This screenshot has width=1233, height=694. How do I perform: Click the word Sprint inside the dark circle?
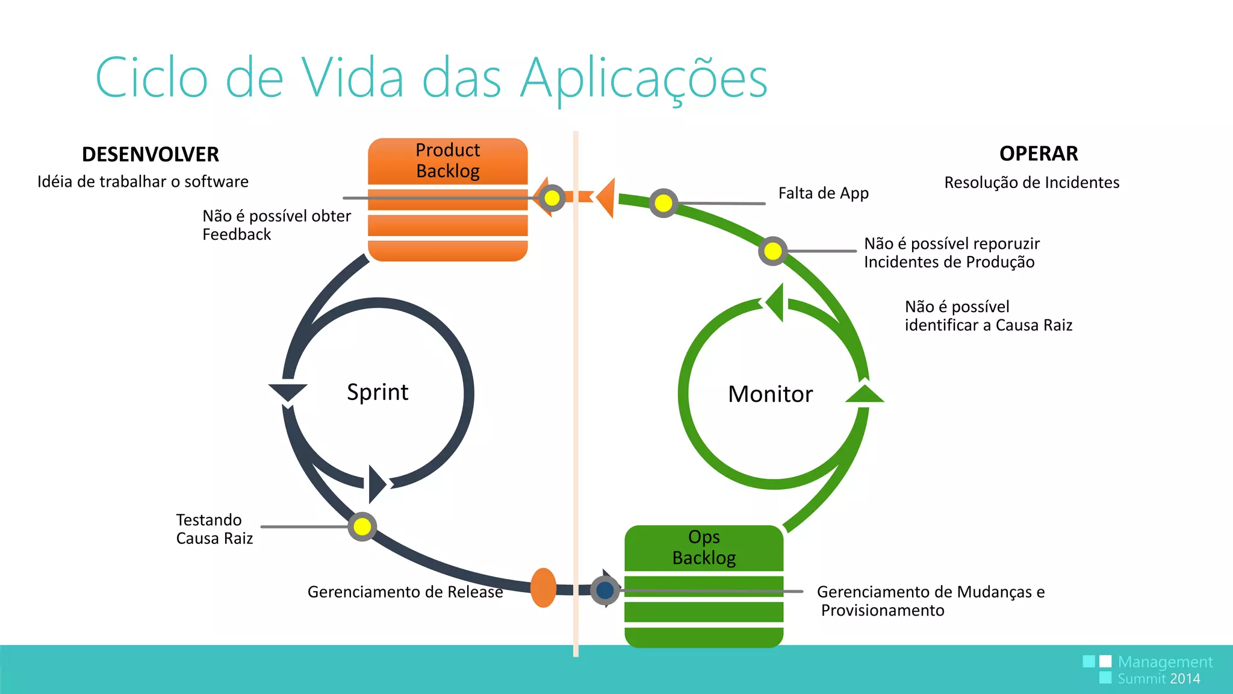point(377,392)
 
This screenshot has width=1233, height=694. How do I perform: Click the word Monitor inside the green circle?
point(770,394)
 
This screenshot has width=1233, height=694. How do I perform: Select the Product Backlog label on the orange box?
point(448,160)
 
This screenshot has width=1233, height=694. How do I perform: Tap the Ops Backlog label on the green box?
point(704,547)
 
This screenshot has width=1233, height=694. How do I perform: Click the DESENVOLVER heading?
point(150,154)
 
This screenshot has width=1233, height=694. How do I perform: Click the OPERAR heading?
point(1039,154)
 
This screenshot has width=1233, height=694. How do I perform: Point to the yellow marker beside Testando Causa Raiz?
point(362,527)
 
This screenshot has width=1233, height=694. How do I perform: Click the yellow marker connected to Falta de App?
point(663,203)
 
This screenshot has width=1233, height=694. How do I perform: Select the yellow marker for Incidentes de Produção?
point(773,251)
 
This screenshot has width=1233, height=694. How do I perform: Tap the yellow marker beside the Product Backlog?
point(551,198)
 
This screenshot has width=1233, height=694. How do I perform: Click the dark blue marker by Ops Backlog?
point(605,590)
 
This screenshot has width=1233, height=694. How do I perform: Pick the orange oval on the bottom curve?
point(543,587)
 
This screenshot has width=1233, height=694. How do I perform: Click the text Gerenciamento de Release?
point(405,592)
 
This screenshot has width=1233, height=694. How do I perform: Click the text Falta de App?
point(823,193)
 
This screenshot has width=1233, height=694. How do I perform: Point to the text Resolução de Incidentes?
point(1031,183)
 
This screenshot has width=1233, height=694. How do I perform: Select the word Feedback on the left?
point(237,234)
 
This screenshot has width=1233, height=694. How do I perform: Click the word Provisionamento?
point(883,610)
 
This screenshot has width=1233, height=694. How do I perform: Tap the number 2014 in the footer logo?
point(1185,679)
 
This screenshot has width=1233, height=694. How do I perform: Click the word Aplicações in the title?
point(644,78)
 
